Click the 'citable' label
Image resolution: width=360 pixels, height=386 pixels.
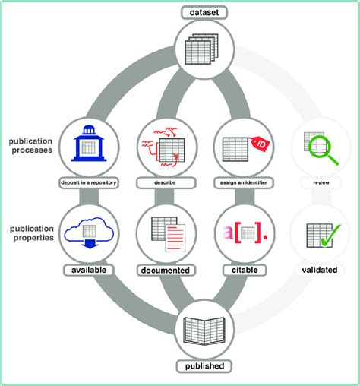coord(242,270)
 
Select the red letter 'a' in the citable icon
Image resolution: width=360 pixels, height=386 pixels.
coord(228,233)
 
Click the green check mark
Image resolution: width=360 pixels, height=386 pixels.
coord(327,237)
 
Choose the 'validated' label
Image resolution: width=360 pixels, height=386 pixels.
coord(317,270)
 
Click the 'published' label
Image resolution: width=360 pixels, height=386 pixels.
coord(205,367)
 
